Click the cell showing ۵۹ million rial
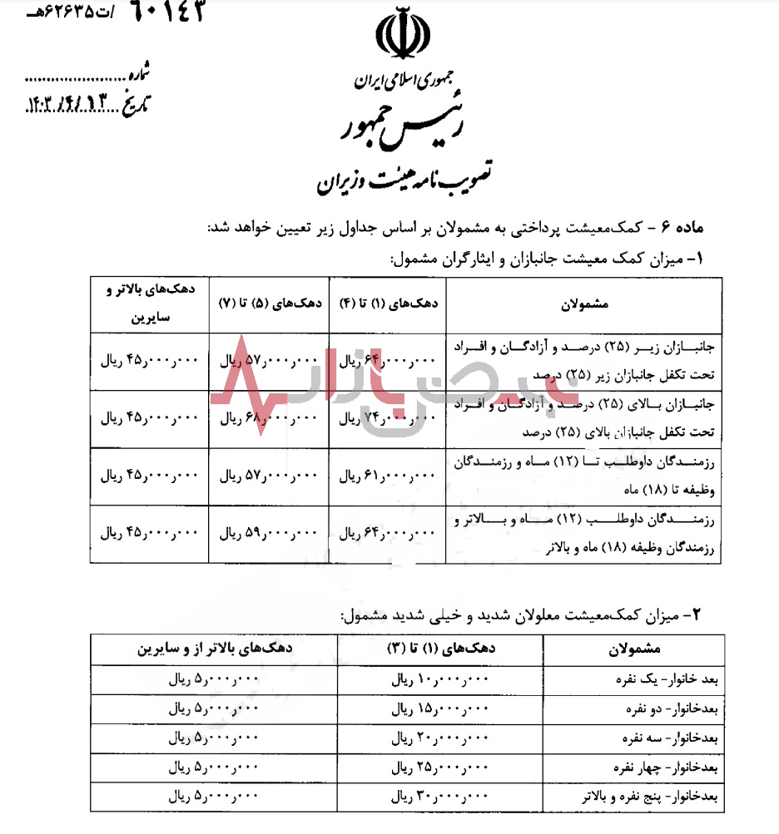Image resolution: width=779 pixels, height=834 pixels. (269, 533)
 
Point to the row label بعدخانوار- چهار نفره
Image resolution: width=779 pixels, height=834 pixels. (682, 767)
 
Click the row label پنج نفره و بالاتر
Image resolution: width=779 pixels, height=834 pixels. (668, 797)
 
